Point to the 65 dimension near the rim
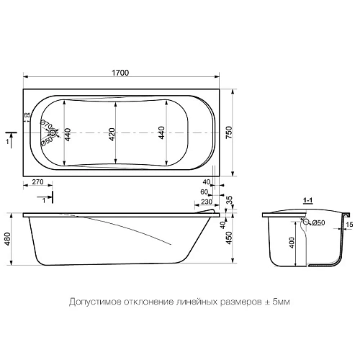[27, 115]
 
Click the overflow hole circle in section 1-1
[306, 223]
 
